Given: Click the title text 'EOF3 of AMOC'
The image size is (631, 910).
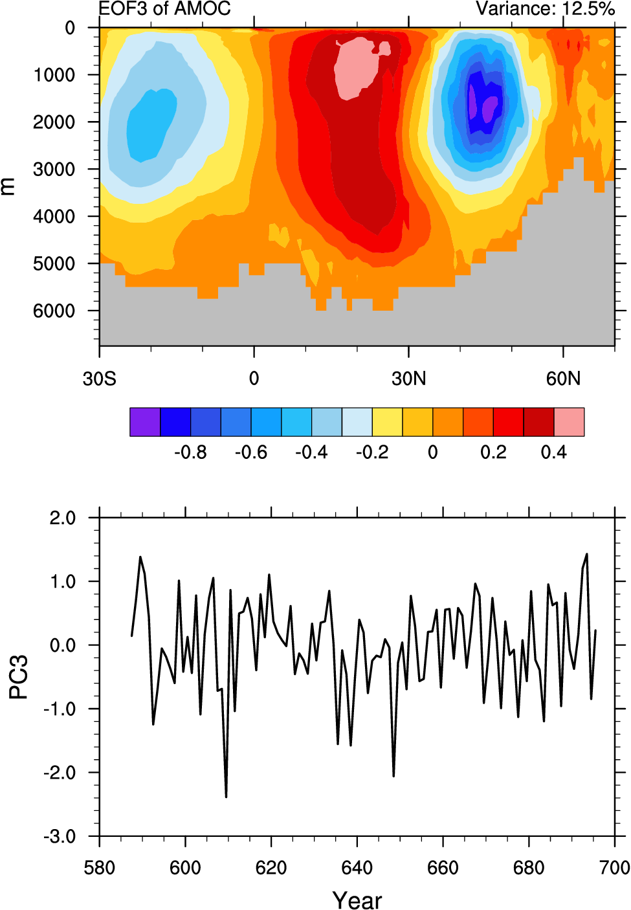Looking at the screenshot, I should point(164,8).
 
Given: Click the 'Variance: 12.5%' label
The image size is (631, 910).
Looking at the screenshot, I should point(545,8).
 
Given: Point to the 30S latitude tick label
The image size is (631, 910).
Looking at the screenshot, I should point(99,379).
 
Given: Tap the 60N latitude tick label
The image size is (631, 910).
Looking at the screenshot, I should point(563,379).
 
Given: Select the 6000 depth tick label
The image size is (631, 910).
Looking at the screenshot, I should point(54,311).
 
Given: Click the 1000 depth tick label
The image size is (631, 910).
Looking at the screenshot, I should point(54,75).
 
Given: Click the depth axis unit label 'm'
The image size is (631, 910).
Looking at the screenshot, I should point(8,186).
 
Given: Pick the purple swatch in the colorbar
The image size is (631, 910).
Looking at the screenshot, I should point(145,422).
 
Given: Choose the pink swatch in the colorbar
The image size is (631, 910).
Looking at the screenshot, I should point(569,422).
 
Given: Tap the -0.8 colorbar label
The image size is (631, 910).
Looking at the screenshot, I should point(190,452).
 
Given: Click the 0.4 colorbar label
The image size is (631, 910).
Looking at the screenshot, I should point(553,452).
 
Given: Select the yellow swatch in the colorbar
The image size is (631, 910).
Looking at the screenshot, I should point(387,422).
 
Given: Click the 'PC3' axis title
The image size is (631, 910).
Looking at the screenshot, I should point(19,677).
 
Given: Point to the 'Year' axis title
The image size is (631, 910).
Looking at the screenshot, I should point(357,900).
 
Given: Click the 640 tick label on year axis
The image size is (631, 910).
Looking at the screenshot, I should point(357,868).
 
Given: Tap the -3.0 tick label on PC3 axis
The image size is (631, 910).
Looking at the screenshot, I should point(60,837).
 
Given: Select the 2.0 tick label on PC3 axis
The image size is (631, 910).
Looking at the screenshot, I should point(62,518).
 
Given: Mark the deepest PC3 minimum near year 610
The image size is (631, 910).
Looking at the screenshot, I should point(226,796).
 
